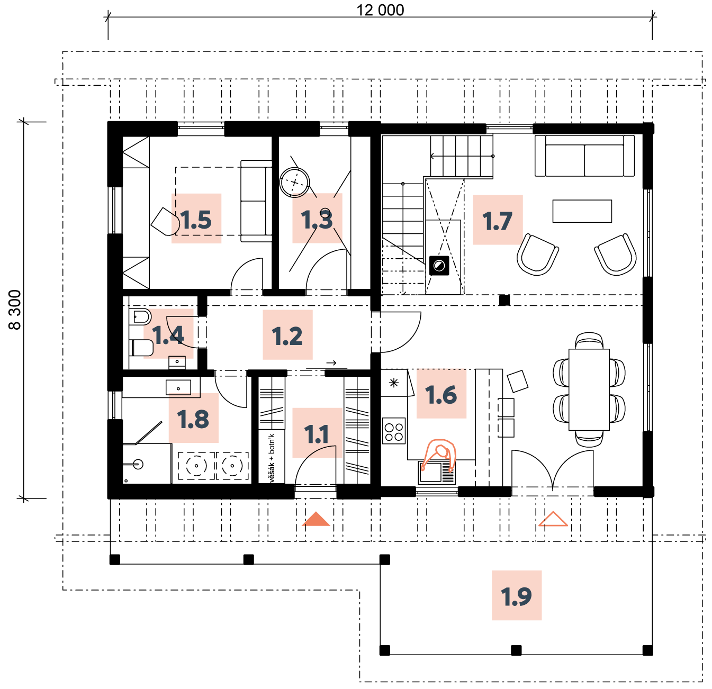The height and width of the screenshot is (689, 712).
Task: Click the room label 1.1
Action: point(317,432)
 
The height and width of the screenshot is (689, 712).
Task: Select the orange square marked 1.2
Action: point(287,334)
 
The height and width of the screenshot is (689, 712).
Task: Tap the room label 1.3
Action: point(317,218)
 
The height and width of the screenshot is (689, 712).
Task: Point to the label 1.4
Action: point(168,333)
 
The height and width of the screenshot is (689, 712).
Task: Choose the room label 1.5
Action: point(196,218)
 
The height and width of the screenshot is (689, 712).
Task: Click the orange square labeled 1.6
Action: point(441,393)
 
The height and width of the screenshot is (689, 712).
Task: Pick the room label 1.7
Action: point(498,220)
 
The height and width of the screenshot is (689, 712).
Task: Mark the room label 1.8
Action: point(193,418)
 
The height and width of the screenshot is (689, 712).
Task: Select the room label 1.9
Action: point(517,595)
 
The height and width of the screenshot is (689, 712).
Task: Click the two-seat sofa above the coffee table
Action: point(584,156)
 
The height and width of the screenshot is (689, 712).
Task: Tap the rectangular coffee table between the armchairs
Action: point(582,211)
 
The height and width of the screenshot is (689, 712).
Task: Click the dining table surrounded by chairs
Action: point(589,389)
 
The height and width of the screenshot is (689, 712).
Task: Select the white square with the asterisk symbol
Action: point(394,383)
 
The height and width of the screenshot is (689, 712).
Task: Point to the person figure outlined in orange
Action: point(439,455)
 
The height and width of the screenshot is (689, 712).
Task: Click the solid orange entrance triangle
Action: point(316,520)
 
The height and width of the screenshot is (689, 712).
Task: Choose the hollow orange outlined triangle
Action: point(553,520)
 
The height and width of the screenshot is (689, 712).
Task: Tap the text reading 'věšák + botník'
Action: point(272,456)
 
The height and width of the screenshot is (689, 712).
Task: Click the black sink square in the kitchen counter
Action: point(439,266)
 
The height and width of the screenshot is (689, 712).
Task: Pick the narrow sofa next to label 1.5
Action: point(257,201)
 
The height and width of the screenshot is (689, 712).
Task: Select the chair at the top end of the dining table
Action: point(589,340)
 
